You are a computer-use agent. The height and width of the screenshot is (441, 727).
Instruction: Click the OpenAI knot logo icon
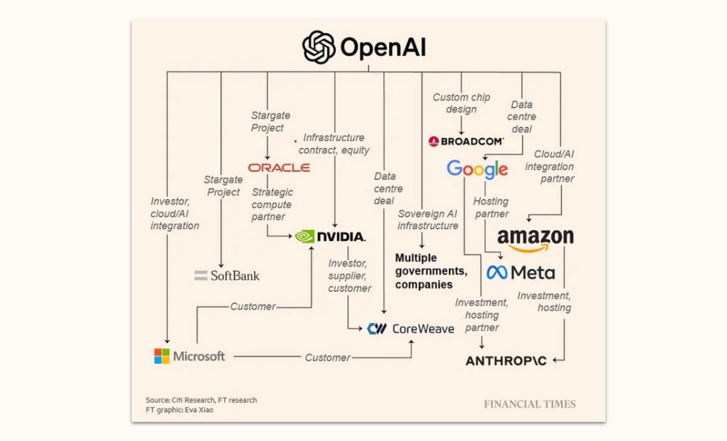318,47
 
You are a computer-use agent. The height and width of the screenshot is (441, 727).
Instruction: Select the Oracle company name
279,168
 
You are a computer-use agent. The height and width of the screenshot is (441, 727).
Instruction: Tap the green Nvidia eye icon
305,236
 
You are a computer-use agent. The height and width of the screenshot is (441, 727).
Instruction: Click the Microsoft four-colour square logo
162,356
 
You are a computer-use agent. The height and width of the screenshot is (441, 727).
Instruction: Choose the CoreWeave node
410,329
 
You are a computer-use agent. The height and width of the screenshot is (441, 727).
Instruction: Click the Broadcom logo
466,141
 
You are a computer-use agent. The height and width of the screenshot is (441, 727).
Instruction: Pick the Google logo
477,169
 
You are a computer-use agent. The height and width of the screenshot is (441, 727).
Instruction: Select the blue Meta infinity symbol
497,273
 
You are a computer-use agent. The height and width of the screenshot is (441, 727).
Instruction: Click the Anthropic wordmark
506,361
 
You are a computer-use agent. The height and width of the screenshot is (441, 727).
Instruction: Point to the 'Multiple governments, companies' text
431,271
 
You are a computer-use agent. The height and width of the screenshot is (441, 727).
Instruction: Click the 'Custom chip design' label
461,103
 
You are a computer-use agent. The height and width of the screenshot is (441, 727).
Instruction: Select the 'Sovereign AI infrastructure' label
428,220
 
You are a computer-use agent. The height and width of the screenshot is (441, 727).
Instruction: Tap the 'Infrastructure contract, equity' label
334,144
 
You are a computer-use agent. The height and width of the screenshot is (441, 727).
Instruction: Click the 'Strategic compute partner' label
272,204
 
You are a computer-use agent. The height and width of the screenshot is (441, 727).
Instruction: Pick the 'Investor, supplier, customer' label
349,276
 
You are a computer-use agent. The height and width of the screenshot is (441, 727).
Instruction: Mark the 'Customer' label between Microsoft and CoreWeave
328,358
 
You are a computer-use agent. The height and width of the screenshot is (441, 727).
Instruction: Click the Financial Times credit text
529,404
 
